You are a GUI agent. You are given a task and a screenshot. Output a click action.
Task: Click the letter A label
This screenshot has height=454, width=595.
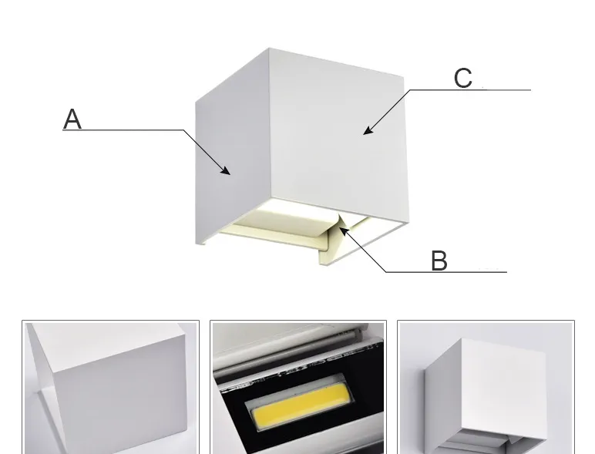tap(72, 119)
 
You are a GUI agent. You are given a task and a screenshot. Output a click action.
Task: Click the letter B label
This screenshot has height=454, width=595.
tap(439, 261)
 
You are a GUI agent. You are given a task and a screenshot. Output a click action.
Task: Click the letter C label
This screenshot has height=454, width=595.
tap(463, 78)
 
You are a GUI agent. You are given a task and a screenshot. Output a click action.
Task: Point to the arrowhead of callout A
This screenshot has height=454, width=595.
tap(226, 170)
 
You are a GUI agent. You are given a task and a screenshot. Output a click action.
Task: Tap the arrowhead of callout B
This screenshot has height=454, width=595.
tap(344, 230)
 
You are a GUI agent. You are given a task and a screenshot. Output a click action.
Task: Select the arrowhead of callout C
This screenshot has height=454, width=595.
tap(368, 130)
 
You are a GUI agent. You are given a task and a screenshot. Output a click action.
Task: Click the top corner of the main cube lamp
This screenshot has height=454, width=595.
tap(270, 48)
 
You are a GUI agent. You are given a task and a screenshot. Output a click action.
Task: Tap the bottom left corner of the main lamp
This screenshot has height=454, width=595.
tap(197, 244)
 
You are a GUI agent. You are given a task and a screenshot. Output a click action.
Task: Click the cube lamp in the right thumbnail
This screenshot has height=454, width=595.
tap(486, 395)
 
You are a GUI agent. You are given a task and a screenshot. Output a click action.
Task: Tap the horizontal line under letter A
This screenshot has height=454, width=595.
tap(123, 130)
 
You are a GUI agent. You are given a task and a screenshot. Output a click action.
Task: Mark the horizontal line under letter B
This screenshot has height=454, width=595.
tap(446, 272)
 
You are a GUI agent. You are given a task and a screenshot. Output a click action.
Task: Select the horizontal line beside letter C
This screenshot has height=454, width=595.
tap(470, 90)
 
